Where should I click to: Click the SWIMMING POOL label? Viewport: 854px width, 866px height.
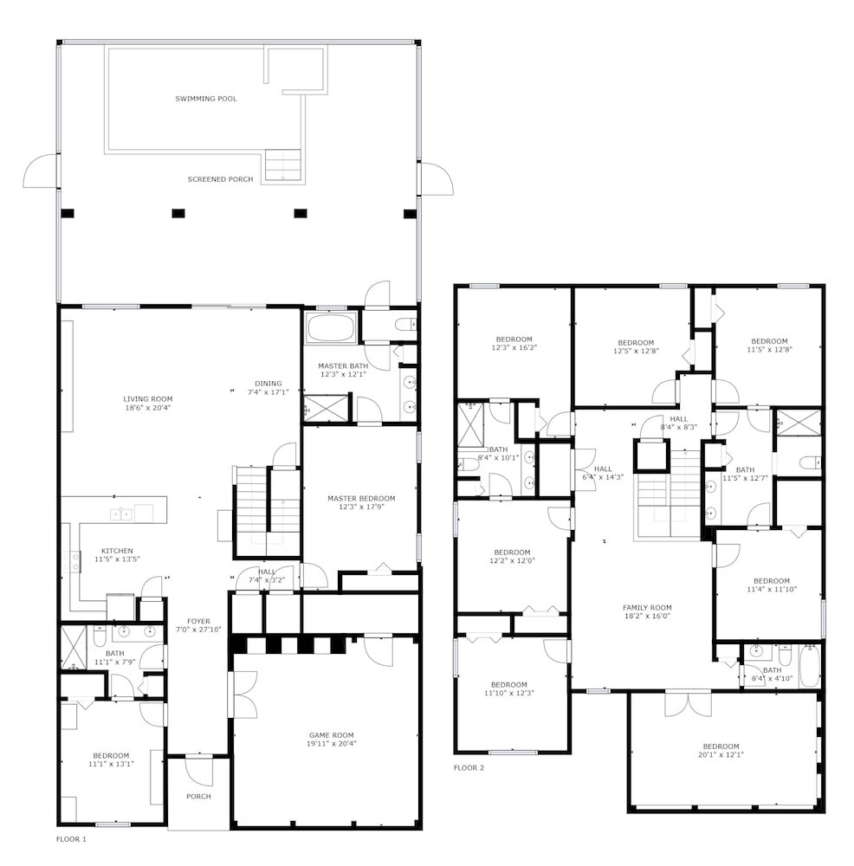coord(206,99)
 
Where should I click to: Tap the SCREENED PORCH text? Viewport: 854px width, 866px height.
coord(220,179)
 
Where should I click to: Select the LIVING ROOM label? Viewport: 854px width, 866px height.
coord(148,399)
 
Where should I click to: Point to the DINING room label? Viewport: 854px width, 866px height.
coord(268,384)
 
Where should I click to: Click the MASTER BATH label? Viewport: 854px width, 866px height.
coord(343,366)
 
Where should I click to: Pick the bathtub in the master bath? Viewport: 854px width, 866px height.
coord(330,330)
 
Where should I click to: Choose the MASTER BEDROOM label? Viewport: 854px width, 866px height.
coord(361,498)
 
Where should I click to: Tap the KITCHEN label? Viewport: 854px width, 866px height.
coord(117,551)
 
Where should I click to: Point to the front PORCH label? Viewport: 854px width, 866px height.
coord(198,797)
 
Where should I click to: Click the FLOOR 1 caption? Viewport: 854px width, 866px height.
coord(71,839)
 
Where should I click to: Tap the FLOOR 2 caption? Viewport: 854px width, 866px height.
coord(469,767)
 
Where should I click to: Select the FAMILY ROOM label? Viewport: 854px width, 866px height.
coord(647,608)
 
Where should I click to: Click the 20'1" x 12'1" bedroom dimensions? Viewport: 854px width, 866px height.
coord(721,755)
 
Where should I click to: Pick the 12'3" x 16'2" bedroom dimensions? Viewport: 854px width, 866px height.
coord(514,348)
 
